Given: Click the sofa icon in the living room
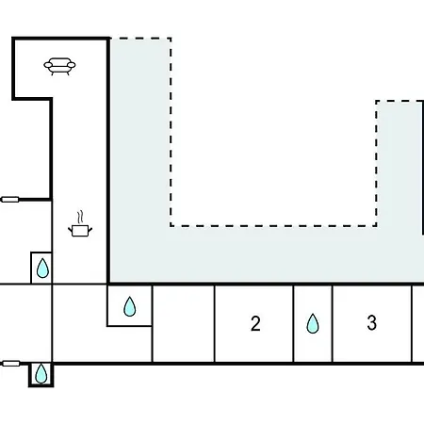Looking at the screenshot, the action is (59, 66).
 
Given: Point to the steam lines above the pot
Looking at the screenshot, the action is (81, 217).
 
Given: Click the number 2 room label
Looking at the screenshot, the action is (255, 323).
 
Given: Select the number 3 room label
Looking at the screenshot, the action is (372, 322).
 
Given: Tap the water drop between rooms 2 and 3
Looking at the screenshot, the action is (313, 323).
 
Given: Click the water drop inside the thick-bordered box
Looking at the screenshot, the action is (41, 373).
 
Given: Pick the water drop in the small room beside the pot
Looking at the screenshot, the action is (42, 269).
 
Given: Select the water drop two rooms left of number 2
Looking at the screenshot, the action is (130, 306).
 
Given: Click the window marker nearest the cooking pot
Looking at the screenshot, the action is (10, 199).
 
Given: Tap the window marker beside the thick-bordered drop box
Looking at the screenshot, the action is (11, 364).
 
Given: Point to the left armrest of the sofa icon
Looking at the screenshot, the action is (48, 65).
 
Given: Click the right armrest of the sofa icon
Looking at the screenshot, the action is (72, 65).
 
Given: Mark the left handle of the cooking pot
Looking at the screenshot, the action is (70, 230).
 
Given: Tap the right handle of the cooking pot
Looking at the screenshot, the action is (90, 230).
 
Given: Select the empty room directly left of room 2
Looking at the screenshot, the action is (184, 324).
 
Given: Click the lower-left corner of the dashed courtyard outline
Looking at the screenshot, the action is (171, 225).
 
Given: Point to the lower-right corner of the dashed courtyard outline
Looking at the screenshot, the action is (376, 225).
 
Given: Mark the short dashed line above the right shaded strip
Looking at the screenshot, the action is (400, 101).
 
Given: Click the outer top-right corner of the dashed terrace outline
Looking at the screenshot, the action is (171, 39).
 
